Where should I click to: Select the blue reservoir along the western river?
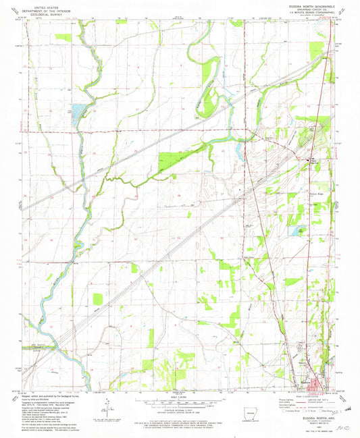(x=76, y=109)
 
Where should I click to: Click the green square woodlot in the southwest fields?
(x=98, y=298)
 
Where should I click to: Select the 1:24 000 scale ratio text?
(x=180, y=398)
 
